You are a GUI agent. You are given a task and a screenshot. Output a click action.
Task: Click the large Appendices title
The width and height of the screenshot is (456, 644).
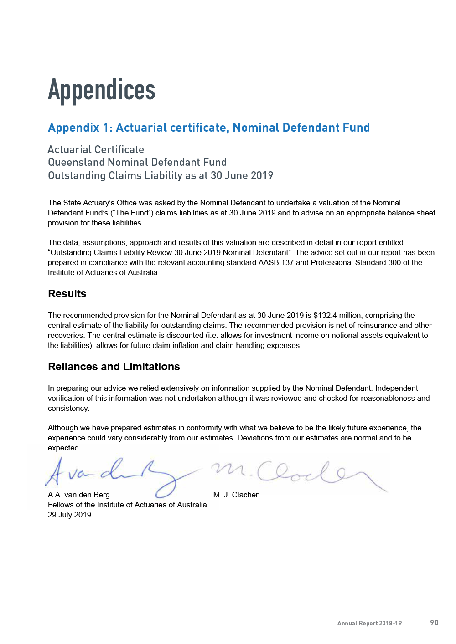click(x=102, y=90)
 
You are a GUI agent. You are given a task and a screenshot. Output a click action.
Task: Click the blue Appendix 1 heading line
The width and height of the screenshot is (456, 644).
click(x=209, y=128)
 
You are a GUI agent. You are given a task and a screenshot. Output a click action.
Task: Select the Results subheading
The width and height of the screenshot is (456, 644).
click(x=67, y=294)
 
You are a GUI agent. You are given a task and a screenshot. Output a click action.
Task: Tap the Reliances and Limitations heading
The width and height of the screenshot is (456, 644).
click(x=114, y=367)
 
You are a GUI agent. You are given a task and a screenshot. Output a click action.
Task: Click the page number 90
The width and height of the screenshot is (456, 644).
click(x=434, y=623)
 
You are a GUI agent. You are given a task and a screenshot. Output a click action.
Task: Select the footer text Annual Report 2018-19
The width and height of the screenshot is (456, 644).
click(x=369, y=623)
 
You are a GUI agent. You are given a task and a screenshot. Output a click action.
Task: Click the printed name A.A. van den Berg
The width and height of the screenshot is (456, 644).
click(x=79, y=495)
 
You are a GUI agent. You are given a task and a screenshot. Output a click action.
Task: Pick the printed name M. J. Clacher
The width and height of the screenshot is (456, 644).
click(x=236, y=495)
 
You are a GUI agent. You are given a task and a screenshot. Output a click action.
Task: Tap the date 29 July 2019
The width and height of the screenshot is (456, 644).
click(x=69, y=515)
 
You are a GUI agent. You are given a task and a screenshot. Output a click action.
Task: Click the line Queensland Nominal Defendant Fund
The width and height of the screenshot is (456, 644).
click(x=137, y=162)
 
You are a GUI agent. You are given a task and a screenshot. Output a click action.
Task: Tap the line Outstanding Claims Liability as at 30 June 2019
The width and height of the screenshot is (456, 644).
click(x=161, y=175)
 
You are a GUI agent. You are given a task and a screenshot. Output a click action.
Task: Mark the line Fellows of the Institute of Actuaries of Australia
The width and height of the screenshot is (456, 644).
click(x=127, y=505)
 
